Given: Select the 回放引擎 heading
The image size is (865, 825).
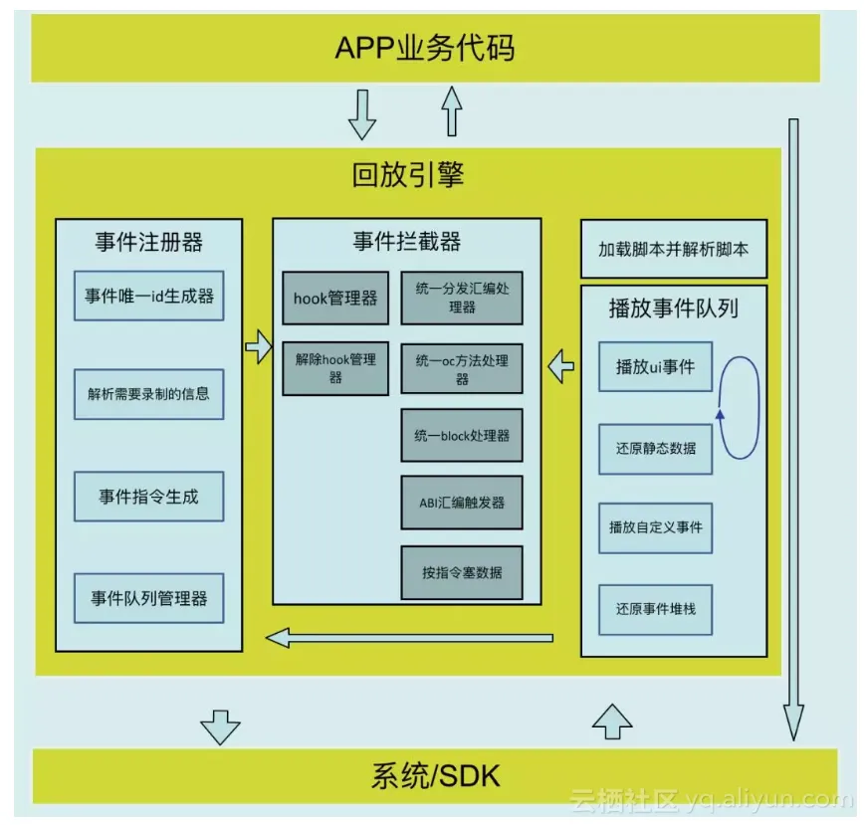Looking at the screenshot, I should coord(408,176).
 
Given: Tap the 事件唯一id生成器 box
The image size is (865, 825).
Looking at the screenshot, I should coord(148,296).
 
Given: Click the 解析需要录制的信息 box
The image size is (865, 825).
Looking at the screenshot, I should coord(148,393).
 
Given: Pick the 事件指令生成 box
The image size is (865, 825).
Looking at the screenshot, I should coord(148,496).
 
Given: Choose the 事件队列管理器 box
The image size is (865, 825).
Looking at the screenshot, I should coord(148,598).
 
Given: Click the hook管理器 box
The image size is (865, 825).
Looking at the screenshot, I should coord(335,298).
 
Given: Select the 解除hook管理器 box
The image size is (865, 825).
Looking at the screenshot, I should coord(335,368).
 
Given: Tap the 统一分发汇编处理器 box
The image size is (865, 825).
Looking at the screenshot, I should coord(461,298).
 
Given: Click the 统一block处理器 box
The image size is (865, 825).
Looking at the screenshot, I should coord(461,435).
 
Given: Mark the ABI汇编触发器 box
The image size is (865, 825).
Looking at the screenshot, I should coord(461,504).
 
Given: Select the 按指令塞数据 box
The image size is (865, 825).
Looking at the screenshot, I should coord(461,572).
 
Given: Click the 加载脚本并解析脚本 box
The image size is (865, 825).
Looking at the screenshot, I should coord(673,249).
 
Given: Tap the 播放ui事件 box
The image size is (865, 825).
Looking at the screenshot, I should coord(655,366).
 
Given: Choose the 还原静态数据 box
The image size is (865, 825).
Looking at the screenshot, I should coord(655,448).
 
